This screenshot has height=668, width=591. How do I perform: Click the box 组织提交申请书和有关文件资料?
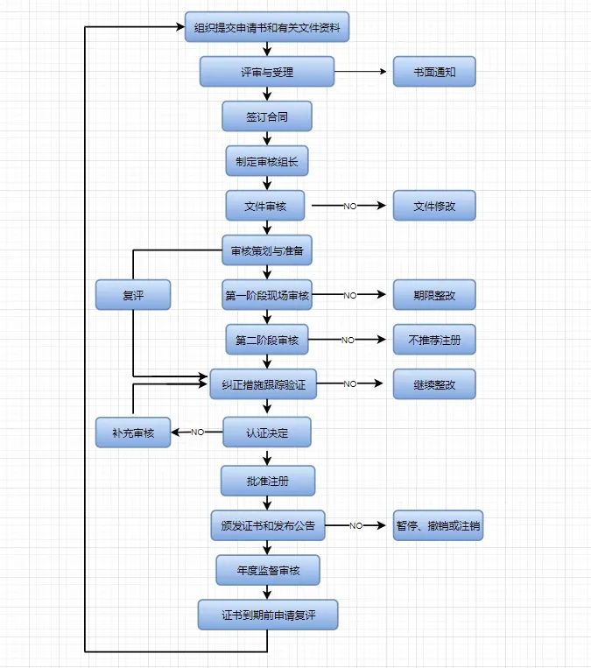point(267,27)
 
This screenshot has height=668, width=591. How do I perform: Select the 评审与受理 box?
point(267,72)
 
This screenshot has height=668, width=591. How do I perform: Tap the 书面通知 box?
point(434,72)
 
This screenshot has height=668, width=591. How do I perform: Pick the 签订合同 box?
point(267,116)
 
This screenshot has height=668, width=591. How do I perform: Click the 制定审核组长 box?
point(267,161)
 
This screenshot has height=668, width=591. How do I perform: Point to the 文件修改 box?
point(434,206)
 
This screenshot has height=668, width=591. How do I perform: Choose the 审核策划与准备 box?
point(267,251)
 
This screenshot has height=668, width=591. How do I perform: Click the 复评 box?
point(133,296)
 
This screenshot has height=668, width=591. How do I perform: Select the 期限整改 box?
point(434,296)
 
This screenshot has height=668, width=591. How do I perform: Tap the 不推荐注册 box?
point(434,340)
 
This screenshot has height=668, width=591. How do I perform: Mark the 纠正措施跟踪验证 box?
point(264,384)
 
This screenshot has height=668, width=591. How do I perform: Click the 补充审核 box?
point(133,432)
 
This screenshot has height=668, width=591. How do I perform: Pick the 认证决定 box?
point(267,432)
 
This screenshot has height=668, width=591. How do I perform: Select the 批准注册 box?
point(267,481)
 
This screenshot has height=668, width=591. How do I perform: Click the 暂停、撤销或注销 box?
point(438,526)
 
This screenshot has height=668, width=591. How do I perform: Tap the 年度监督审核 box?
point(267,571)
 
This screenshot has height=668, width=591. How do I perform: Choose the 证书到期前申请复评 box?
point(267,615)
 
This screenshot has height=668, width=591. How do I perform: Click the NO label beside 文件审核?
point(349,207)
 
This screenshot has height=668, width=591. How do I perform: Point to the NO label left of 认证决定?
point(197,432)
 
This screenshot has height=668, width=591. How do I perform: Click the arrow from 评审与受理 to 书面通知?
point(360,72)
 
